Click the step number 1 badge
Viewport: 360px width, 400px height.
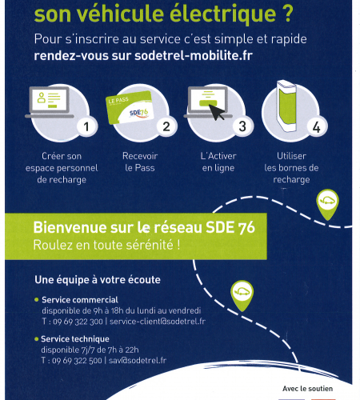tap(86, 126)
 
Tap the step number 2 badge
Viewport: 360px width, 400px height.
tap(166, 126)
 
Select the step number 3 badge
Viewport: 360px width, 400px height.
tap(242, 126)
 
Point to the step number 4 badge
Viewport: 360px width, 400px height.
tap(317, 127)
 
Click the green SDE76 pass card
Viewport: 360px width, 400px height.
tap(130, 108)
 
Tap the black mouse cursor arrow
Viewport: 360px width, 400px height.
tap(217, 113)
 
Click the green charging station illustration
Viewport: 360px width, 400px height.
tap(286, 106)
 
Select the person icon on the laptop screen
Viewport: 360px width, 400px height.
tap(41, 98)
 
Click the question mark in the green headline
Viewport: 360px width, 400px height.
tap(287, 14)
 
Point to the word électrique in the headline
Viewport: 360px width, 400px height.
tap(222, 14)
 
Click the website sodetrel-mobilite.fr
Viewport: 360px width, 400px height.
tap(194, 56)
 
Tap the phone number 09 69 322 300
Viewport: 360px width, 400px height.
tap(78, 322)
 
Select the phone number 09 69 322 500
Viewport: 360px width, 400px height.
tap(77, 361)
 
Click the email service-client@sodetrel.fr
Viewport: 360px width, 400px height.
tap(158, 322)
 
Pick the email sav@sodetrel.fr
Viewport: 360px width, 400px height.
tap(138, 361)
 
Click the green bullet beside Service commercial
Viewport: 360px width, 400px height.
tap(37, 300)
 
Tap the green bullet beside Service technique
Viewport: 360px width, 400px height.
tap(37, 339)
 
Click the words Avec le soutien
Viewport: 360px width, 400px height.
tap(308, 389)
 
